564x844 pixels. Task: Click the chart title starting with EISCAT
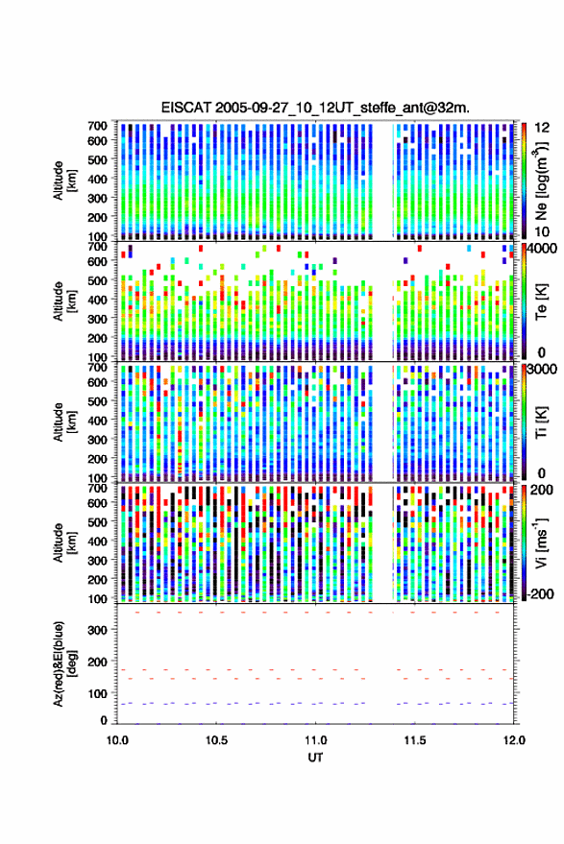(x=315, y=108)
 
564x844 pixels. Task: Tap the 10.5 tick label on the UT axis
(x=216, y=740)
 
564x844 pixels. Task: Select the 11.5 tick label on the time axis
(x=415, y=740)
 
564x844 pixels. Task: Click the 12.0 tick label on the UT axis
(x=514, y=740)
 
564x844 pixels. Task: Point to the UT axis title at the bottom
(x=315, y=758)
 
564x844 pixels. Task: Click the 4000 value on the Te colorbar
(x=543, y=249)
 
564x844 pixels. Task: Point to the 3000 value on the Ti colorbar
(x=543, y=370)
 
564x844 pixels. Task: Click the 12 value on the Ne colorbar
(x=542, y=128)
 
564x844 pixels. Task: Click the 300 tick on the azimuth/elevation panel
(x=97, y=629)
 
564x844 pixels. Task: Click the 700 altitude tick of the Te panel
(x=97, y=247)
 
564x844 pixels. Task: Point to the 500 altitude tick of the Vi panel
(x=97, y=521)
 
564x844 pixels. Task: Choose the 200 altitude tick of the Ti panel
(x=97, y=459)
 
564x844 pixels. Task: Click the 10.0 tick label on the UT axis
(x=117, y=740)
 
